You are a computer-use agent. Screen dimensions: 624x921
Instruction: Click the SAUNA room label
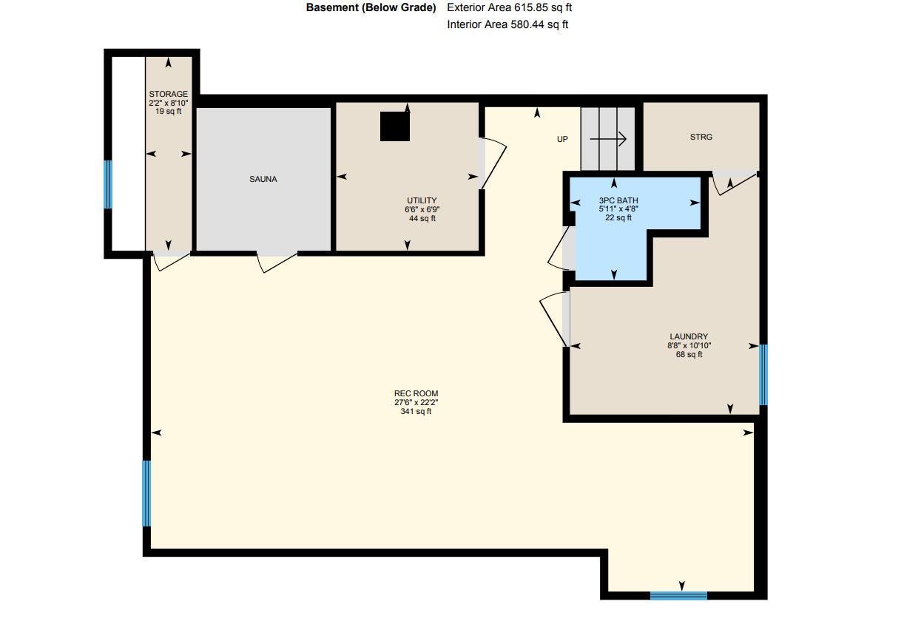[263, 179]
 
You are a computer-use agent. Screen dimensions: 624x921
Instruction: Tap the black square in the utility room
[394, 126]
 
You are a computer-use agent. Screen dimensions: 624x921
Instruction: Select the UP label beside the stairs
[562, 139]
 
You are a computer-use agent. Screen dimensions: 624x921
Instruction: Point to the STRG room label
[701, 137]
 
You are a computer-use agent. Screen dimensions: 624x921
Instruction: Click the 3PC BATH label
[618, 200]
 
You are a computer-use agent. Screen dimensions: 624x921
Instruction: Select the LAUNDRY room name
[688, 336]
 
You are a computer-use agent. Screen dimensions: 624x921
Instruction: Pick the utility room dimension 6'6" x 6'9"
[422, 209]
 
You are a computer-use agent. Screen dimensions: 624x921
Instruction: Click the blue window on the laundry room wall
[763, 375]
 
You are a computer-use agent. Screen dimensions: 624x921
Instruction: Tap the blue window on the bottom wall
[678, 595]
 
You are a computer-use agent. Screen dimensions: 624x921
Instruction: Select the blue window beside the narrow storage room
[108, 184]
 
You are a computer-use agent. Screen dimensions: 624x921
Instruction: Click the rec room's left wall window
[146, 493]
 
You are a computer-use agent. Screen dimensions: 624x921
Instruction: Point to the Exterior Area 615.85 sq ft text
[509, 7]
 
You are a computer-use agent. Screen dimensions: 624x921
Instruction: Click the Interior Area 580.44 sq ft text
[507, 24]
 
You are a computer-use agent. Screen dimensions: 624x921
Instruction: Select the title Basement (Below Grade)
[371, 7]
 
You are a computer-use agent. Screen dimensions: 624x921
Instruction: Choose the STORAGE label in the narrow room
[168, 95]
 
